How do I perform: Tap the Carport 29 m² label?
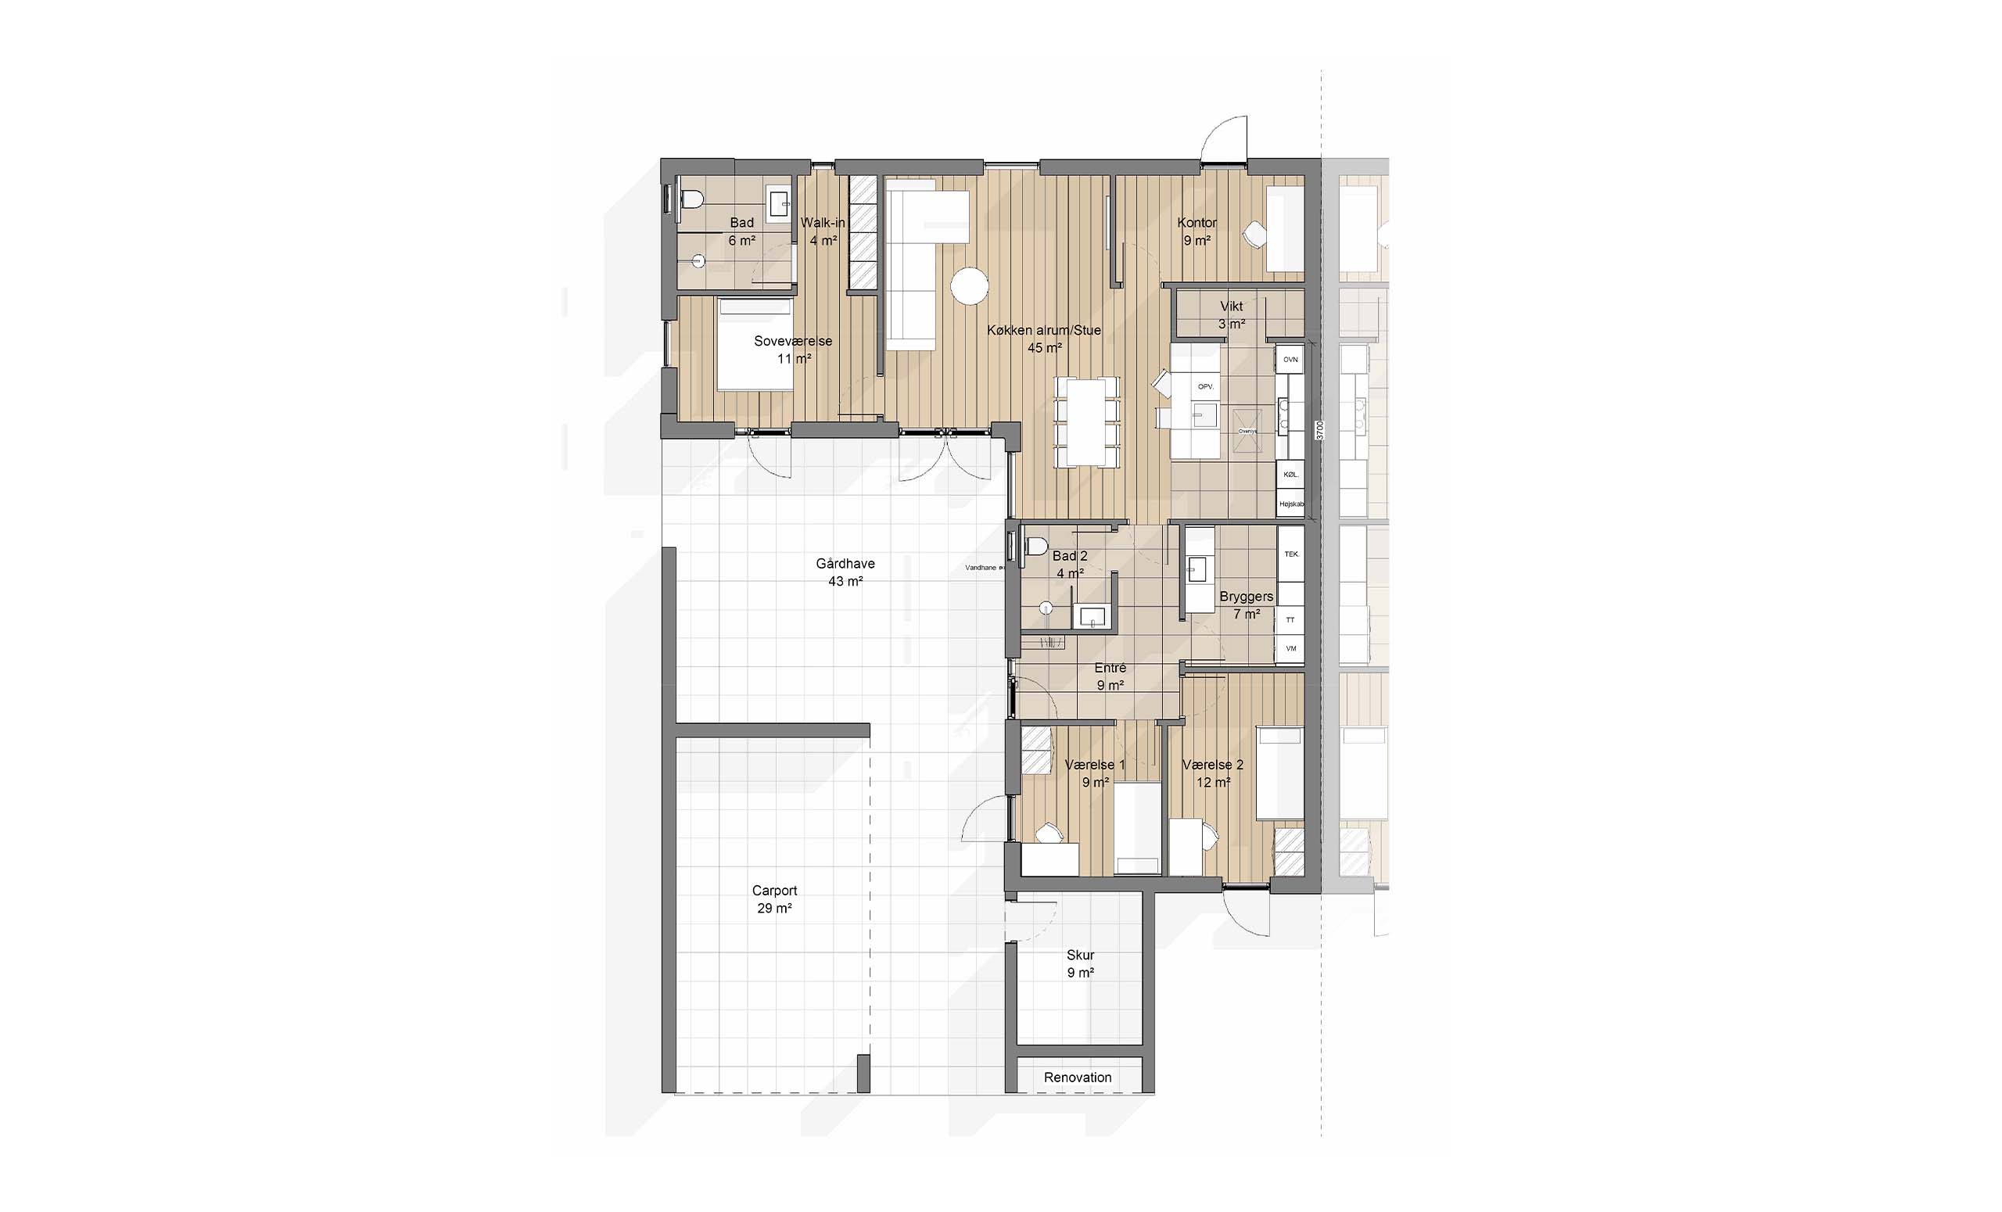(x=774, y=899)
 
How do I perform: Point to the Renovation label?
(x=1078, y=1078)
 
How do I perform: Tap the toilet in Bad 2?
(x=1035, y=546)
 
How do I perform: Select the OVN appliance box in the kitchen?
(x=1290, y=359)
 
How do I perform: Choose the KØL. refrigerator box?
(x=1290, y=474)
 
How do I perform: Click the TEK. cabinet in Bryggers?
(x=1291, y=554)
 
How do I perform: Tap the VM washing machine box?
(x=1290, y=648)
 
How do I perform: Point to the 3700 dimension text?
(x=1320, y=430)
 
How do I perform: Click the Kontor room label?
(x=1197, y=223)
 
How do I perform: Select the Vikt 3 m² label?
(x=1231, y=314)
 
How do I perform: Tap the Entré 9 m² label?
(x=1110, y=676)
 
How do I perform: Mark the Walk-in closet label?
(x=823, y=223)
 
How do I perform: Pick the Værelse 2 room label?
(x=1212, y=765)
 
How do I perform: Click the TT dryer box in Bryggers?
(x=1290, y=620)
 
